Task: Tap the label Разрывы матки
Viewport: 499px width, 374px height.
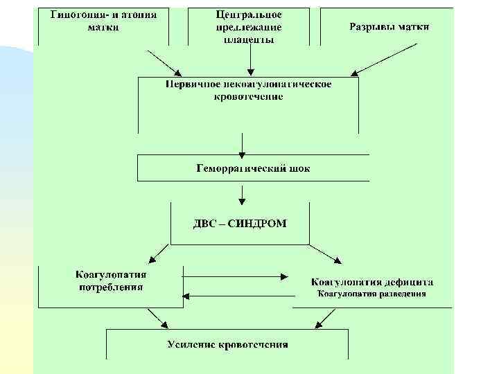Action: [389, 27]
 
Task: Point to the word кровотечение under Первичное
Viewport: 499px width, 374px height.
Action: [248, 97]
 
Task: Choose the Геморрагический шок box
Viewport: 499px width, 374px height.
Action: [252, 168]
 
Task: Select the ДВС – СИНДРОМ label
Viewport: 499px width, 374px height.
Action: [239, 223]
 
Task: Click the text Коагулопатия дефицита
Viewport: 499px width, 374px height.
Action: [372, 282]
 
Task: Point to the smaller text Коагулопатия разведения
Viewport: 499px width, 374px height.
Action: [371, 294]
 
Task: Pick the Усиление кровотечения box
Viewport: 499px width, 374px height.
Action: [227, 344]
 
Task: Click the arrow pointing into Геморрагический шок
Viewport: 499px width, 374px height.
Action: [241, 143]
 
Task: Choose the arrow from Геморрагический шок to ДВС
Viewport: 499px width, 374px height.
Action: [241, 192]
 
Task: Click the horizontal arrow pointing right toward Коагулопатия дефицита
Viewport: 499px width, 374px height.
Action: [236, 276]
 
